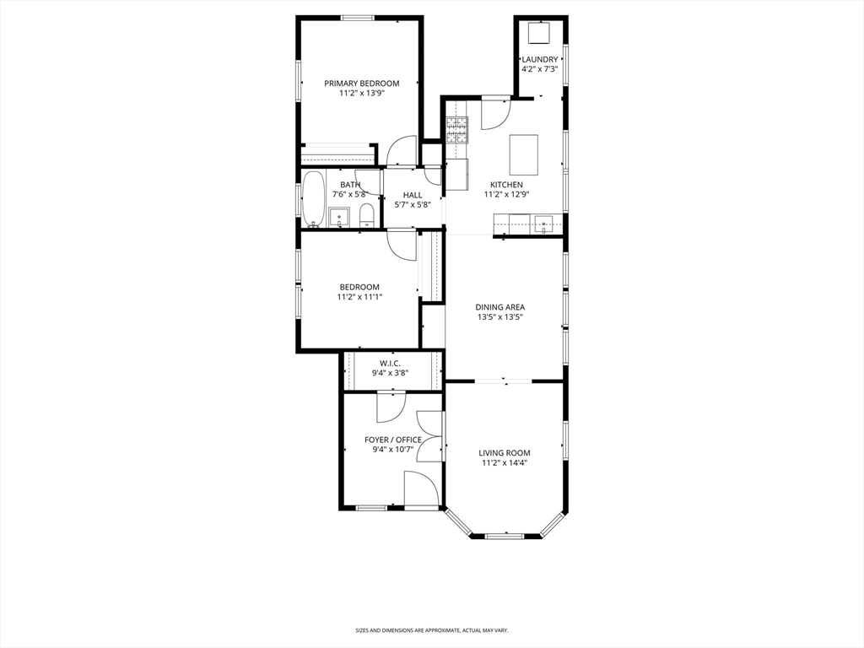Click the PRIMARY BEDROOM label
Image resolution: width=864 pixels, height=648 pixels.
pyautogui.click(x=361, y=84)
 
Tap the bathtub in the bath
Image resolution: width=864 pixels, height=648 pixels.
pyautogui.click(x=313, y=199)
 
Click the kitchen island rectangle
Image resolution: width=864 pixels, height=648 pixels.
pyautogui.click(x=523, y=153)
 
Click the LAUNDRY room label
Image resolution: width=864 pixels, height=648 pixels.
pyautogui.click(x=539, y=59)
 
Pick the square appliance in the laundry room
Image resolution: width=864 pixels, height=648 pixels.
pyautogui.click(x=538, y=33)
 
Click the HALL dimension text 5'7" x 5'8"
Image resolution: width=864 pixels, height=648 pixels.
pyautogui.click(x=413, y=204)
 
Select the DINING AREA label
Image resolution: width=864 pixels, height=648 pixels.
pyautogui.click(x=501, y=307)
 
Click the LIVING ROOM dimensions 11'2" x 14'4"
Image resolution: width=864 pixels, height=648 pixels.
pyautogui.click(x=505, y=462)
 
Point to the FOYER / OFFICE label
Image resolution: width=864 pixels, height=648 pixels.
pyautogui.click(x=392, y=440)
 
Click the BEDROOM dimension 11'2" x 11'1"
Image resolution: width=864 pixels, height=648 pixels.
pyautogui.click(x=359, y=296)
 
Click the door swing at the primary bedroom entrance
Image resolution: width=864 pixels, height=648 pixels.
pyautogui.click(x=402, y=150)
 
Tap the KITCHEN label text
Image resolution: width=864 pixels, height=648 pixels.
pyautogui.click(x=506, y=185)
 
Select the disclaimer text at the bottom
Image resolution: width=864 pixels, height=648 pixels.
pyautogui.click(x=431, y=630)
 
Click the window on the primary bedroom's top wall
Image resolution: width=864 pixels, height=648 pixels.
pyautogui.click(x=359, y=18)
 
